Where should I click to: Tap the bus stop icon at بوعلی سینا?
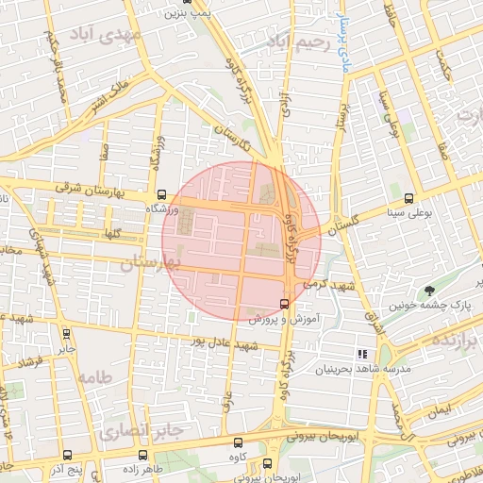coord(408,198)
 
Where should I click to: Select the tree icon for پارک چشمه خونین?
coord(430,291)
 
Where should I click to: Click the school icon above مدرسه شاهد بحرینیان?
coord(361,354)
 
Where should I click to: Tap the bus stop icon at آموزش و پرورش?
coord(284,304)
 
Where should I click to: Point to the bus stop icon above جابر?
coord(65,333)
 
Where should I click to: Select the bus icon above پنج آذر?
coord(66,456)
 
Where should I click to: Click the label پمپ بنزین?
coord(185,12)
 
